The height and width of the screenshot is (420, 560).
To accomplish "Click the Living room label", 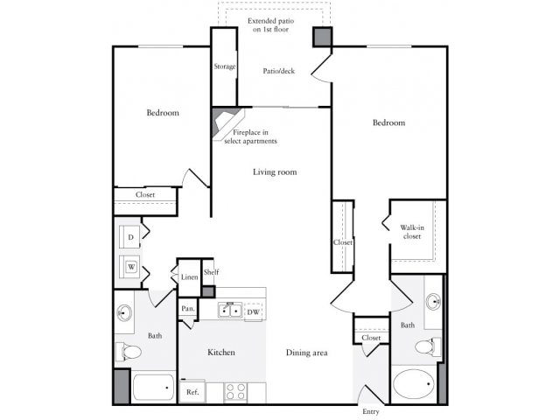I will tap(275, 172).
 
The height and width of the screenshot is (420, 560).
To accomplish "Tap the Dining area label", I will tap(306, 353).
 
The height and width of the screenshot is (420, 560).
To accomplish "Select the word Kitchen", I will tap(221, 353).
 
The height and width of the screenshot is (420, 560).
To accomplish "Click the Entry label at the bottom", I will tap(370, 411).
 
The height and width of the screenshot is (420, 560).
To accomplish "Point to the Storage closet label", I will tap(224, 66).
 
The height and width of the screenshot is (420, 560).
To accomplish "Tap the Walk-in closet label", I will tap(412, 232).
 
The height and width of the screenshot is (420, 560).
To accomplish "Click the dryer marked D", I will tap(130, 237).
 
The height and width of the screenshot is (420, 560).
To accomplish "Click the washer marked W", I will tap(130, 267).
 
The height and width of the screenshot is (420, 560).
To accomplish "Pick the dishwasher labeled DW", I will tap(253, 311).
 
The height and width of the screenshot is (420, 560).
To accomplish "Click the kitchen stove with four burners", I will tap(235, 391).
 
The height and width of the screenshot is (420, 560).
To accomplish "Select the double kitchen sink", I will tap(230, 310).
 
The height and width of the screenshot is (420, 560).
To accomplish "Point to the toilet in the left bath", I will tap(128, 352).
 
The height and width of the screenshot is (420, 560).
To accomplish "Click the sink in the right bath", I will tap(434, 302).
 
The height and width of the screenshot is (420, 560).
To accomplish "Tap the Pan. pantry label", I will tap(187, 309).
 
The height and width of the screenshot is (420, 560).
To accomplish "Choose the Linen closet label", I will tap(189, 277).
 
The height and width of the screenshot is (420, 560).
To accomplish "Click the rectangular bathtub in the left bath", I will tap(154, 386).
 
